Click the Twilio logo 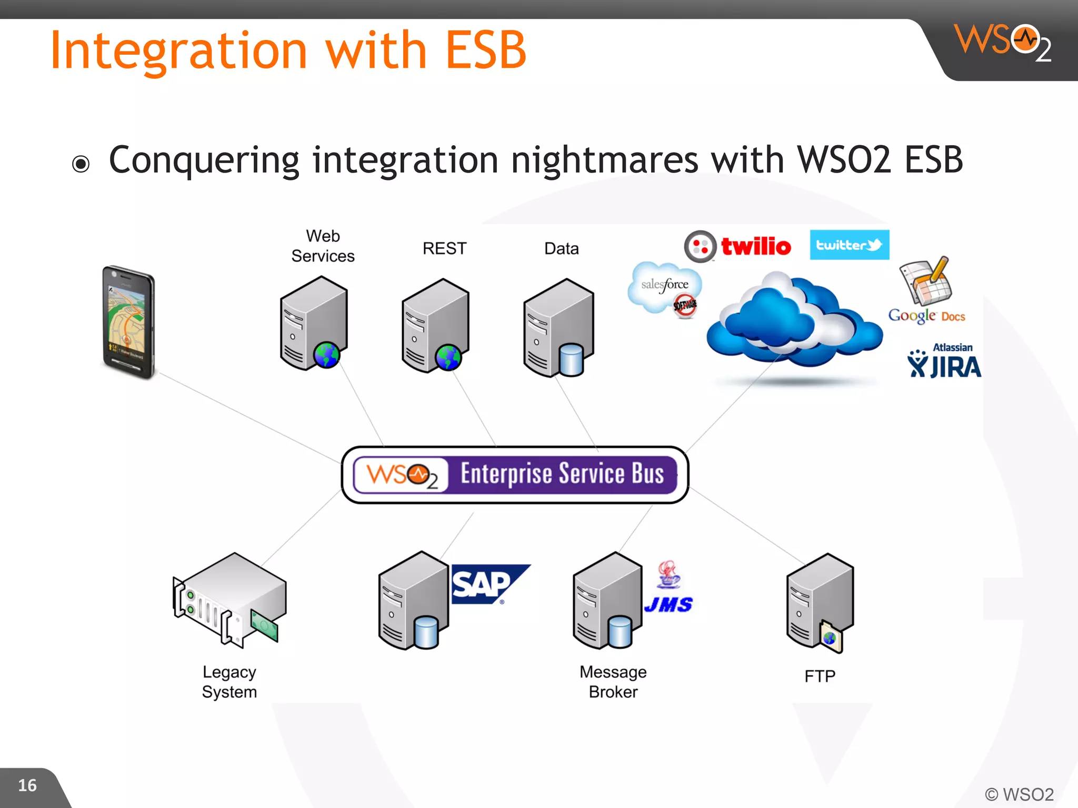(x=738, y=246)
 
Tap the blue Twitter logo (x=849, y=245)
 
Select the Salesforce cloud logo (x=664, y=287)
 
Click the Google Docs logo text (x=926, y=316)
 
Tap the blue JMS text (x=668, y=605)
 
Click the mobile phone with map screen (x=128, y=321)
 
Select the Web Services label (x=323, y=246)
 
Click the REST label (x=444, y=248)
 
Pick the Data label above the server (x=561, y=248)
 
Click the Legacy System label (x=229, y=682)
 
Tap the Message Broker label (x=613, y=682)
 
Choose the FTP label (x=820, y=676)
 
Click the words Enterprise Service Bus (x=562, y=473)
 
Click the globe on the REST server (x=448, y=357)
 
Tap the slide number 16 (x=27, y=785)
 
